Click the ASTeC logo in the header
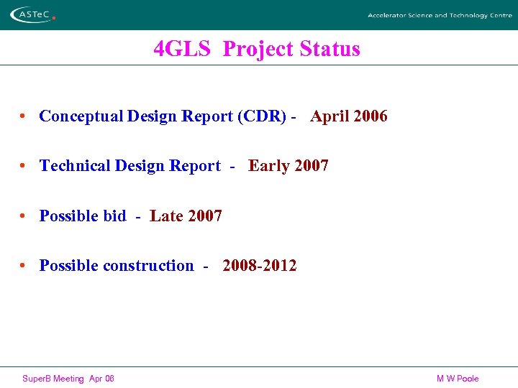point(33,14)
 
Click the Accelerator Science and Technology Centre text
point(440,15)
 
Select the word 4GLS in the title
point(182,49)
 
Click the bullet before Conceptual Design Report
point(24,116)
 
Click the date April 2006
point(349,116)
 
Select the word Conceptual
point(81,116)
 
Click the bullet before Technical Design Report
point(24,166)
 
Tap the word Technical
point(74,166)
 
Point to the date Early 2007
point(288,166)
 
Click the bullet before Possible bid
point(24,216)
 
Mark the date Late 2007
point(186,216)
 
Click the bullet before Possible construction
point(24,266)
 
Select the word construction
point(148,266)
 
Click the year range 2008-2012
point(259,266)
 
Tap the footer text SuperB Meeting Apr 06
point(68,379)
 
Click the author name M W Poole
point(457,379)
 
